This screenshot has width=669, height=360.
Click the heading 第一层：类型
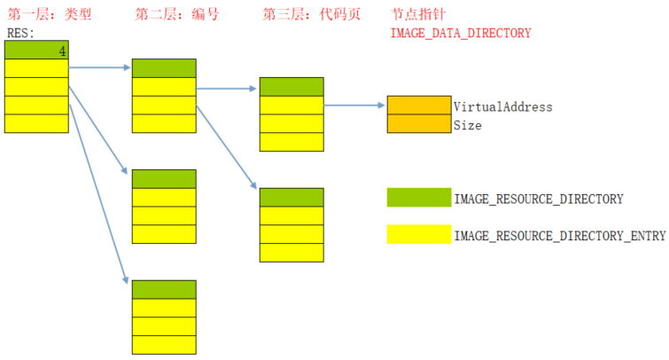coord(50,15)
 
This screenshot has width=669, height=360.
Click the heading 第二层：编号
coord(177,15)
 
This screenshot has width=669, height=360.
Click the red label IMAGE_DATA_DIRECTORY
coord(460,33)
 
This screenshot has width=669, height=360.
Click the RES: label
coord(20,33)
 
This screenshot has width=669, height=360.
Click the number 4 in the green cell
coord(62,51)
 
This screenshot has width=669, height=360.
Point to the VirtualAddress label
coord(502,106)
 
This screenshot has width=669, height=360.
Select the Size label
coord(467,126)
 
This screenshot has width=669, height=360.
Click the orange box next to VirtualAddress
coord(419,106)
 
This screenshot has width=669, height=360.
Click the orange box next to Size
coord(419,124)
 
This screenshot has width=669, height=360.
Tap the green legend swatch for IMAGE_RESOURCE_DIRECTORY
coord(419,197)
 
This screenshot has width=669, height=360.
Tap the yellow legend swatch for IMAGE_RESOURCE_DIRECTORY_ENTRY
coord(419,234)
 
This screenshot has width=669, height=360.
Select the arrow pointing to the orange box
coord(354,105)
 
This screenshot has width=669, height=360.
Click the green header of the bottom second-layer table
coord(164,289)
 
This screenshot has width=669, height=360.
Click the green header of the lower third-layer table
coord(292,197)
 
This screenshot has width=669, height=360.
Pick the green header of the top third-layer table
coord(292,87)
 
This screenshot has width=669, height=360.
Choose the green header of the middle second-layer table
coord(164,178)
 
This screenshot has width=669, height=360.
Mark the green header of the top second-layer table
coord(164,68)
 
